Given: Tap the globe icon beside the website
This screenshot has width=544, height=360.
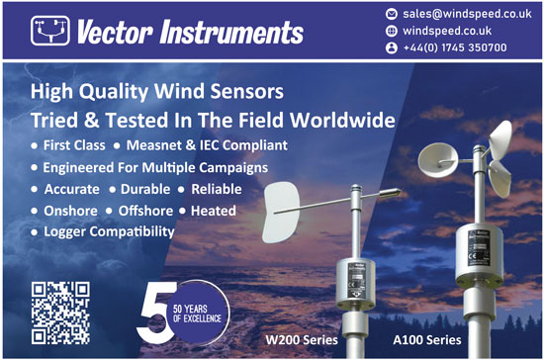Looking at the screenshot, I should pos(391,31).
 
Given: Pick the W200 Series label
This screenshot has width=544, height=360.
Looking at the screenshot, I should pos(300,341).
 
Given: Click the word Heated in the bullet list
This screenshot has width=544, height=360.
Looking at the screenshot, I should pos(214,210).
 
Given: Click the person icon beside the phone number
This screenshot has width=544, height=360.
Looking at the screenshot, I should pos(391,46).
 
